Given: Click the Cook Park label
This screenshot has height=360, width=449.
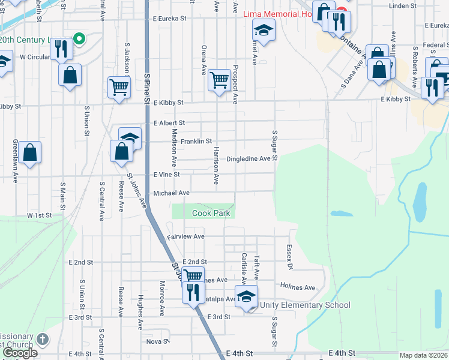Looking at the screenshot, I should (x=212, y=213).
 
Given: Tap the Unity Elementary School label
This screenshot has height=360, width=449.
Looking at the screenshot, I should (x=305, y=305).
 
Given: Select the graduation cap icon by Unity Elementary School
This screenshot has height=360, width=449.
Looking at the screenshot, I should (x=247, y=295).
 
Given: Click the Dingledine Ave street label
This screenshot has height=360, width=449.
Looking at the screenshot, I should (x=249, y=159).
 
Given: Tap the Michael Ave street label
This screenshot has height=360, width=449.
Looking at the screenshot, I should (x=171, y=193).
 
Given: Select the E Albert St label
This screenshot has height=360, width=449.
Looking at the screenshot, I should (x=169, y=123).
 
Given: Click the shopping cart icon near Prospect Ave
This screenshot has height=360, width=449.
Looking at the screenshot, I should (x=220, y=78).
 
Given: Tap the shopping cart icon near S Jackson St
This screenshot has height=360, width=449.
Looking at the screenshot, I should (x=119, y=86).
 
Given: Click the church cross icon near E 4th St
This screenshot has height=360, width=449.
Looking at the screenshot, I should (x=42, y=339).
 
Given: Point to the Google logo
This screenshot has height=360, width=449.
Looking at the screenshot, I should (x=19, y=353).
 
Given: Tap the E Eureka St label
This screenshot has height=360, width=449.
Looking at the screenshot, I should (x=170, y=19).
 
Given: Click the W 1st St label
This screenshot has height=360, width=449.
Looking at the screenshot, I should (x=39, y=215).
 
